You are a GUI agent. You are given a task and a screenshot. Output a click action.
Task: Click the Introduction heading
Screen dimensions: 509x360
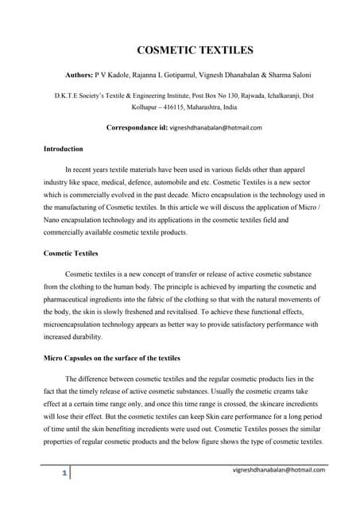point(63,149)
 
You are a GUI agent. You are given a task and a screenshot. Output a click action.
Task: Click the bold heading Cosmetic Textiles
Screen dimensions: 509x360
point(70,253)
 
